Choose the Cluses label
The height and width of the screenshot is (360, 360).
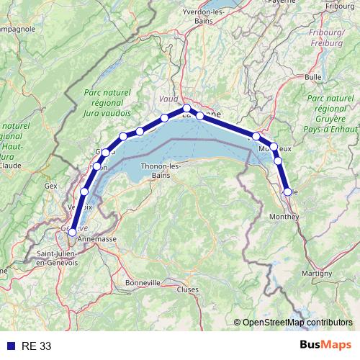point(187,289)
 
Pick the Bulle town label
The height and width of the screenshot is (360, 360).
point(313,76)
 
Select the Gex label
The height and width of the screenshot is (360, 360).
point(50,185)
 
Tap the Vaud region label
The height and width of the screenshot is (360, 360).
point(168,99)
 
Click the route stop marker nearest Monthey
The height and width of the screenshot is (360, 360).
point(287,192)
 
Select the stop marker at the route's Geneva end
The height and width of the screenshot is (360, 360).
point(72,233)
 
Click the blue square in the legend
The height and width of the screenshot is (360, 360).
point(9,346)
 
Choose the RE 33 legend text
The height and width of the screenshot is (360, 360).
point(36,346)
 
